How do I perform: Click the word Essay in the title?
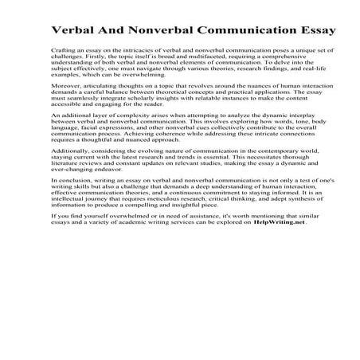pos(315,31)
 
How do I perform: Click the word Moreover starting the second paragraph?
pos(66,106)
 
